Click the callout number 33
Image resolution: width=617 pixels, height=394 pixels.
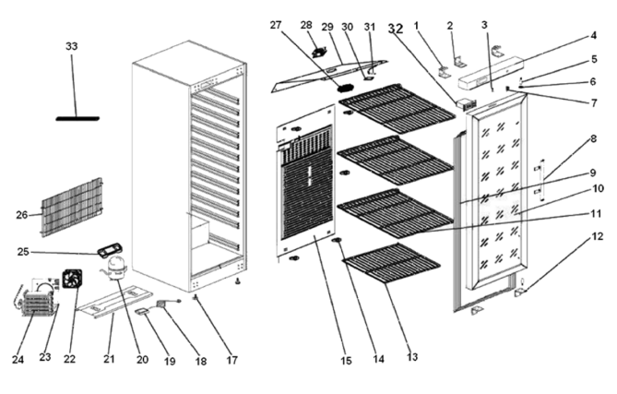pos(72,46)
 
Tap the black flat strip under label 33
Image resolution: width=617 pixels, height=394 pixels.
pos(77,118)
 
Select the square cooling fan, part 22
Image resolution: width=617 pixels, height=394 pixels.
pos(72,279)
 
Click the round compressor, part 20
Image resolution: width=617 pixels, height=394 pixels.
pos(116,268)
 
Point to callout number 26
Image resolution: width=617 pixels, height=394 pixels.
pos(21,215)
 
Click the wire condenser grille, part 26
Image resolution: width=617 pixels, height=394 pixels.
pos(72,208)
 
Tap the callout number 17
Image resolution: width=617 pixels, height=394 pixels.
pos(232,360)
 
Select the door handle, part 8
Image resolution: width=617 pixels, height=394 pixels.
pos(540,180)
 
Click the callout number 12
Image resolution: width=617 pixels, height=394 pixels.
pos(597,236)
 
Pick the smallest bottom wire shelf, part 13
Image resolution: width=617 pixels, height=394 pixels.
pos(392,263)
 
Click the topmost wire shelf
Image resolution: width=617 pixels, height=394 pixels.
pos(397,108)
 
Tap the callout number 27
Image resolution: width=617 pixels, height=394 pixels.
pos(276,25)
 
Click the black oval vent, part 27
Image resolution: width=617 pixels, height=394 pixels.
pos(345,88)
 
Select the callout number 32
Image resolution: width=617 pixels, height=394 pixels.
pos(396,29)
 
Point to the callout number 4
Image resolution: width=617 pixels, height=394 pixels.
pos(593,35)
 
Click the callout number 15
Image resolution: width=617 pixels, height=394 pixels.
pos(346,361)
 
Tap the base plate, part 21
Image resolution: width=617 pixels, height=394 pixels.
pos(114,301)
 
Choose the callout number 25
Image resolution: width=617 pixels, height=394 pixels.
pos(23,252)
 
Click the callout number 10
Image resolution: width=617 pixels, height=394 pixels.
pos(598,188)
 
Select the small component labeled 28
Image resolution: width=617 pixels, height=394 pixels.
pos(320,53)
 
